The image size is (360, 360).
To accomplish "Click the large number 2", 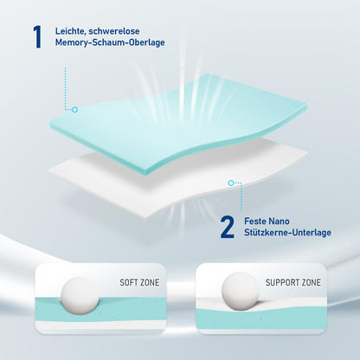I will [228, 227].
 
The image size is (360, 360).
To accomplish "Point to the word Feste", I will [257, 219].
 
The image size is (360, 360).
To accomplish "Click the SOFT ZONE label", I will [138, 282].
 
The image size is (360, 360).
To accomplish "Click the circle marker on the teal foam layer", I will [74, 110].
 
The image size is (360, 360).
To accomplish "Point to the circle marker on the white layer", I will [231, 183].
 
